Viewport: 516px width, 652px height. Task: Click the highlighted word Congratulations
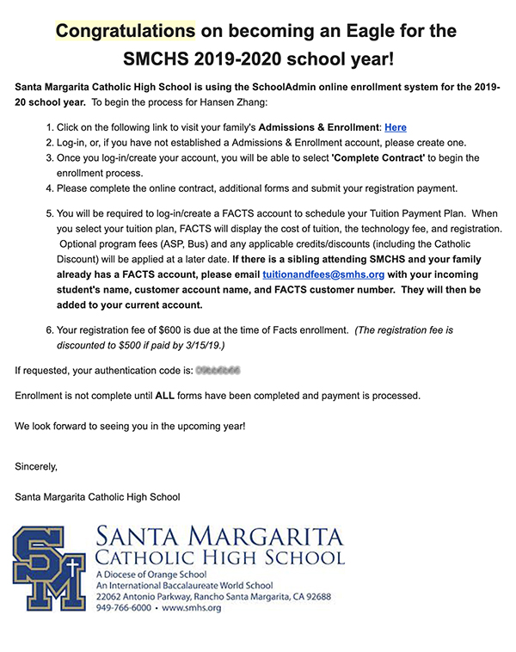point(126,32)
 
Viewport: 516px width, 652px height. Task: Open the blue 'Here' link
point(396,127)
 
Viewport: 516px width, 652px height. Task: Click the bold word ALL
point(165,396)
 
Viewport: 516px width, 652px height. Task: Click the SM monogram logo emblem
point(50,569)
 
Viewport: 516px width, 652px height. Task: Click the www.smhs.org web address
point(192,607)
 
